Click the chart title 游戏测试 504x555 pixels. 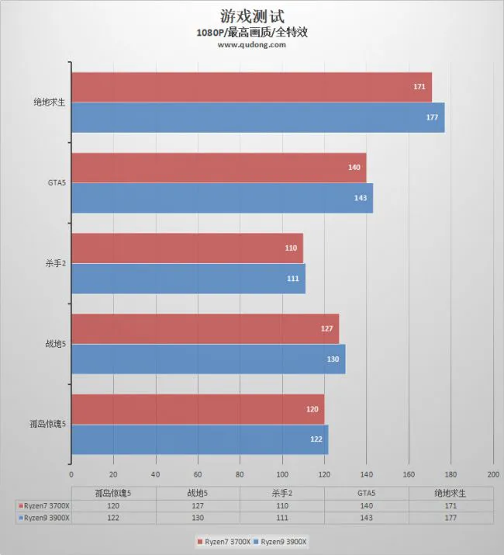point(251,16)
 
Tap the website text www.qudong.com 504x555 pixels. point(251,45)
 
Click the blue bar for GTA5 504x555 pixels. point(222,198)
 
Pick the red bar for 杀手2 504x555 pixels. point(187,248)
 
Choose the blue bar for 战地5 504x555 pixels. point(208,359)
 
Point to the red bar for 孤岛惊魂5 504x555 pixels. point(198,409)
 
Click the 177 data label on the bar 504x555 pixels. point(432,117)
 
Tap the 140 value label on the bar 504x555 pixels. point(354,168)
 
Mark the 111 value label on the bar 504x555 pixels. point(292,279)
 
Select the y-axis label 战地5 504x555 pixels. point(56,344)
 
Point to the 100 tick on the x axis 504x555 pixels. point(282,474)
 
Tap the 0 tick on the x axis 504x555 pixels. point(71,474)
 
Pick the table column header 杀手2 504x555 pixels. point(281,492)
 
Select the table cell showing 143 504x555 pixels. point(366,517)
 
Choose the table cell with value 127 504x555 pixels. point(198,505)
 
